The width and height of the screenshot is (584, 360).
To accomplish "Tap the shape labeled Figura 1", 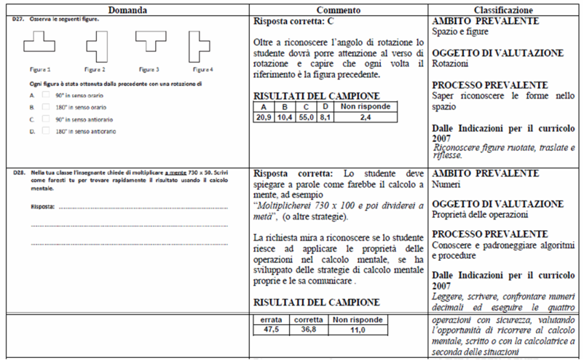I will point(39,44).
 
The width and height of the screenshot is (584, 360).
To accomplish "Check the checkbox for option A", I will point(45,95).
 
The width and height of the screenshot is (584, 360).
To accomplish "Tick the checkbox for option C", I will point(45,119).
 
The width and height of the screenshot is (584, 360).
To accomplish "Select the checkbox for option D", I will point(45,131).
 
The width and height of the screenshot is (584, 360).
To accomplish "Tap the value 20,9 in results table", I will point(264,116).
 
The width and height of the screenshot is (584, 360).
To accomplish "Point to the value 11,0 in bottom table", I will point(350,329).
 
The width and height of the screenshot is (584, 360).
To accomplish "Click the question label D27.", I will point(20,19).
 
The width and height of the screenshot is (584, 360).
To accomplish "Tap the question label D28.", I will point(20,173).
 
